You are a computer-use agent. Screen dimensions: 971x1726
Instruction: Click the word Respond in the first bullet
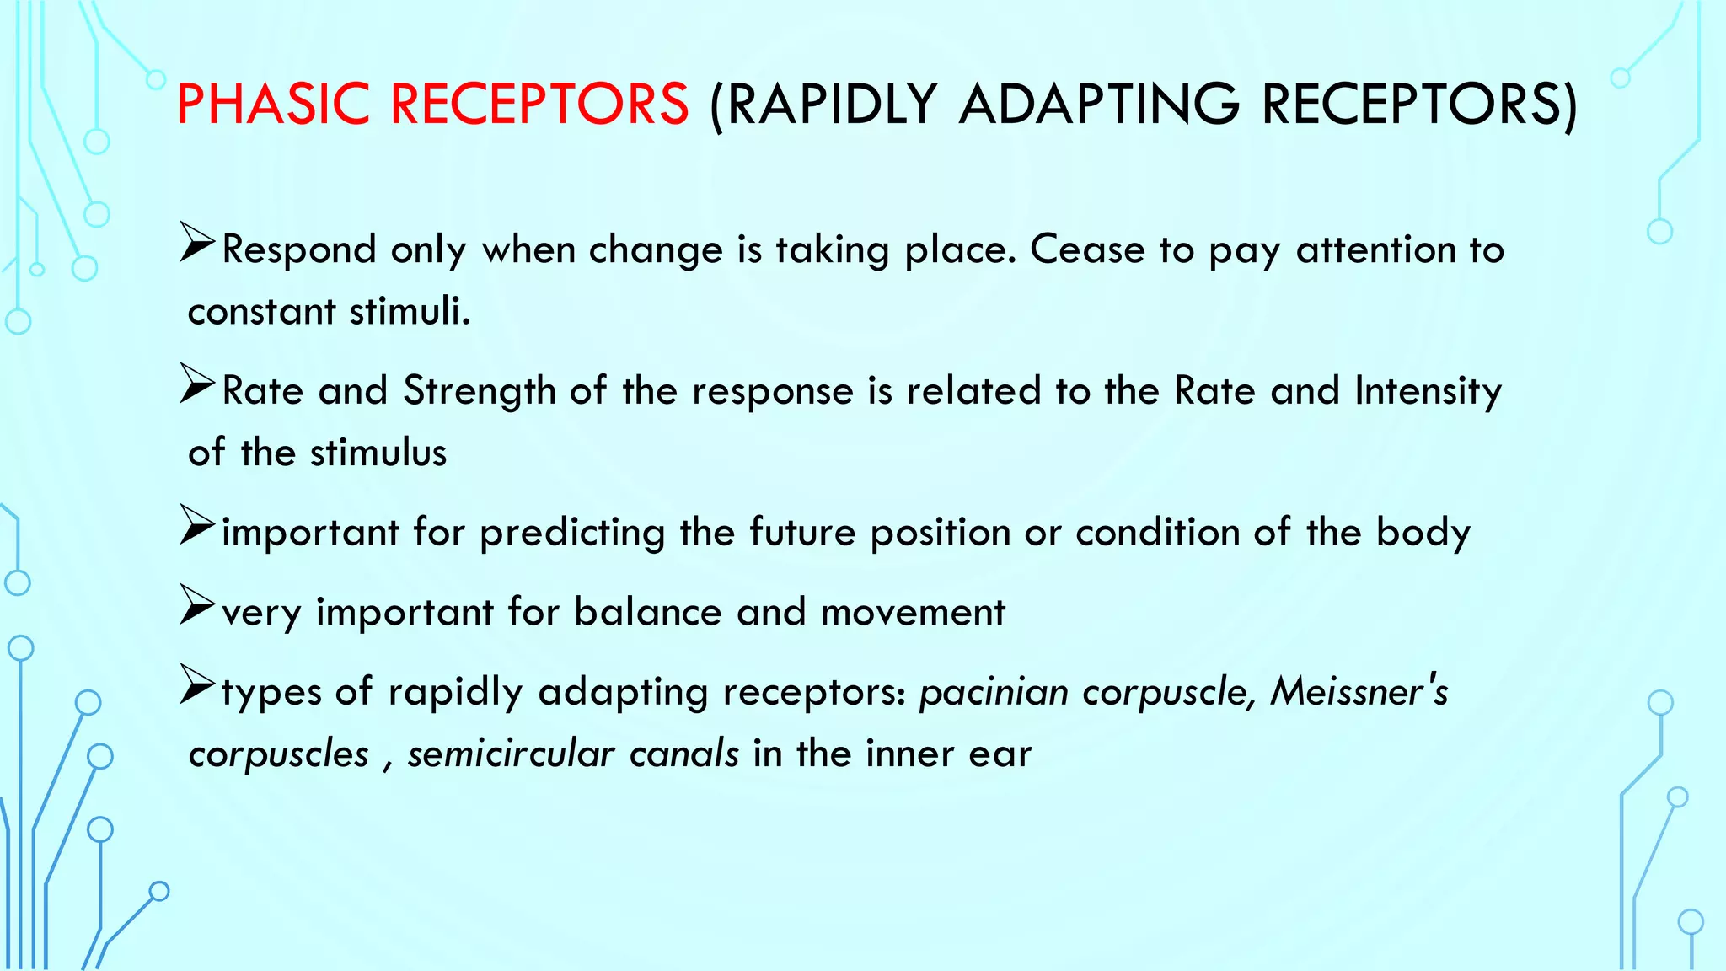pyautogui.click(x=298, y=249)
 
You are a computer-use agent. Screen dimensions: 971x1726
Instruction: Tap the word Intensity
pyautogui.click(x=1428, y=391)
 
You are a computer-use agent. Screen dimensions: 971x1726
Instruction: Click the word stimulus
pyautogui.click(x=378, y=453)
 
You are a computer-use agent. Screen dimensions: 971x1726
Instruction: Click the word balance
pyautogui.click(x=647, y=612)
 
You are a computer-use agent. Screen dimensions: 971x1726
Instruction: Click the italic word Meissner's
pyautogui.click(x=1359, y=692)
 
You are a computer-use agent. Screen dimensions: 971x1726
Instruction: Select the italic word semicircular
pyautogui.click(x=511, y=754)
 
